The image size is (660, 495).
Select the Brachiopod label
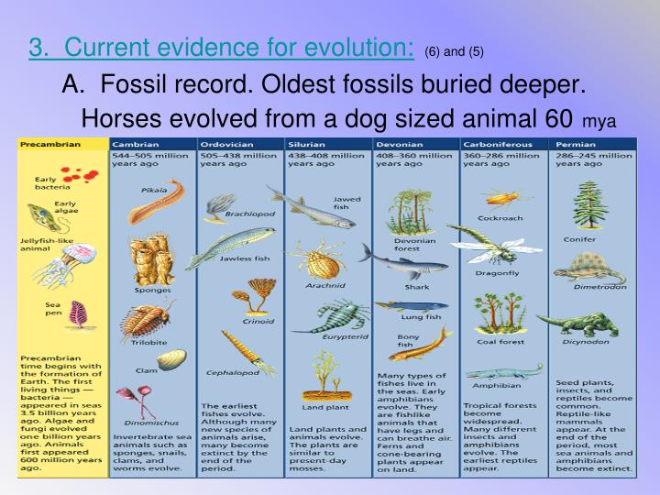click(245, 214)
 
